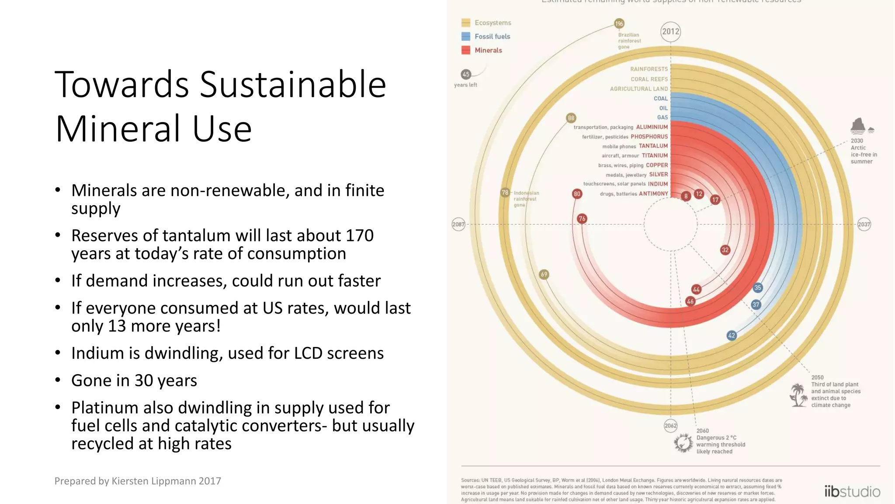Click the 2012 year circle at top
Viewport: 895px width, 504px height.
tap(670, 31)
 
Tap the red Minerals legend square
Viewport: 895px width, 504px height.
tap(466, 50)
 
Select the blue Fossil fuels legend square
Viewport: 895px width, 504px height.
tap(466, 36)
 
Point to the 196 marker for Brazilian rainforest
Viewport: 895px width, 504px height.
tap(619, 24)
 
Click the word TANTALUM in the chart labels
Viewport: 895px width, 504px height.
tap(653, 146)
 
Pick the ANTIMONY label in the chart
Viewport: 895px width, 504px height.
tap(653, 194)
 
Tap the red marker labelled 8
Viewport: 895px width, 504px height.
tap(686, 196)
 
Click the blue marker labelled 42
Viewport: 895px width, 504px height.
tap(732, 336)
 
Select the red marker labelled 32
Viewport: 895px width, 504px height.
tap(725, 250)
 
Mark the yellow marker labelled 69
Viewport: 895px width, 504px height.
tap(544, 275)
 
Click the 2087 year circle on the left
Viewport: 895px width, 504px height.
tap(458, 224)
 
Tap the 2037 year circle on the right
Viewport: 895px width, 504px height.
tap(864, 224)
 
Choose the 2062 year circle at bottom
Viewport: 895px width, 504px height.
tap(670, 426)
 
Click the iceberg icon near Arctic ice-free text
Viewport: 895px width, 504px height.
tap(859, 126)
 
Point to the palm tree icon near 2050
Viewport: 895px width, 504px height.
tap(799, 395)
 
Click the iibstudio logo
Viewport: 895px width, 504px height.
tap(852, 491)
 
